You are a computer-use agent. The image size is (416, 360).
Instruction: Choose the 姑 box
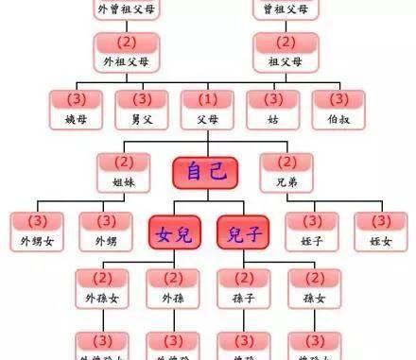[x=272, y=108]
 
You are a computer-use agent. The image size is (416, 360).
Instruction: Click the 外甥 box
[x=104, y=231]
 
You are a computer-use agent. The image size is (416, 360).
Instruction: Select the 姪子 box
[x=311, y=231]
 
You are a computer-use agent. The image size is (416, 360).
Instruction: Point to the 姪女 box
[x=381, y=231]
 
